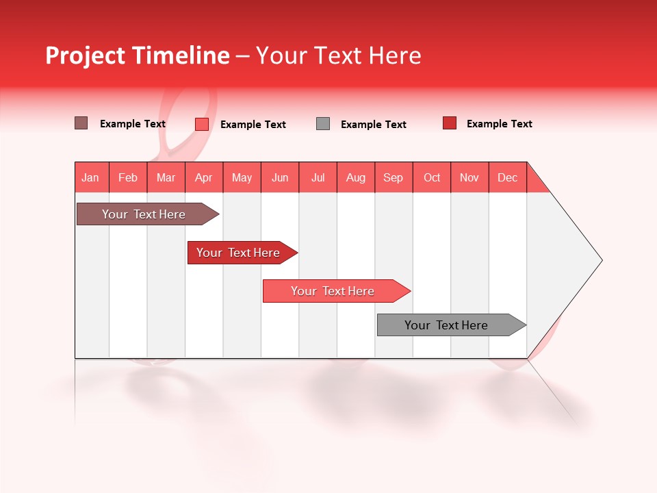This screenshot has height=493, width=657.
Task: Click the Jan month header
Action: (x=91, y=177)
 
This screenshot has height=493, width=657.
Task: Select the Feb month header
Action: (x=128, y=177)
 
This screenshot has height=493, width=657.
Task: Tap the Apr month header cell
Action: (x=204, y=177)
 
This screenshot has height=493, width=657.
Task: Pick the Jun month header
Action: (x=280, y=177)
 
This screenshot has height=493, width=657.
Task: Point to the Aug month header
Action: (x=356, y=177)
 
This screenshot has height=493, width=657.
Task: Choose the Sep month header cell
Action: (x=394, y=177)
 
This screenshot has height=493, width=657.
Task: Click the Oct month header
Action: (x=432, y=177)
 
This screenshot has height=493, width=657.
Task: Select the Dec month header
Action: (x=508, y=177)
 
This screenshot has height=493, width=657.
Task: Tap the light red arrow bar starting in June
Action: (x=333, y=291)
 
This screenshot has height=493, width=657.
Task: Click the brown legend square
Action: (x=81, y=123)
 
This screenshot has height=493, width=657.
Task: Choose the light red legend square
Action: (x=201, y=124)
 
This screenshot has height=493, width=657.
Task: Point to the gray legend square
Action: (x=323, y=123)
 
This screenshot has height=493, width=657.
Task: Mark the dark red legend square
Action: (x=449, y=123)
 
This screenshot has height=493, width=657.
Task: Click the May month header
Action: (x=242, y=177)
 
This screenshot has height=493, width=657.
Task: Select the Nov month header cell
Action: (x=469, y=177)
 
